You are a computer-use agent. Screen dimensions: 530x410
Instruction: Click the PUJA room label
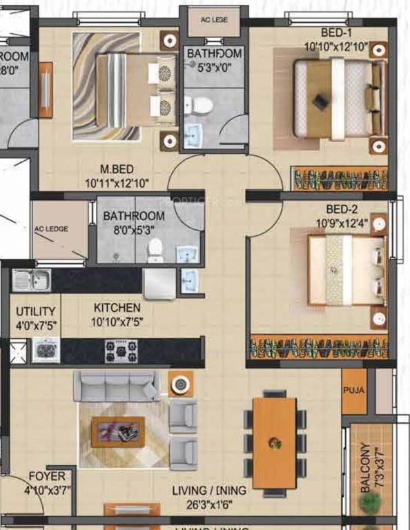354,390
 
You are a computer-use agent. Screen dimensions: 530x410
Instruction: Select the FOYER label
47,476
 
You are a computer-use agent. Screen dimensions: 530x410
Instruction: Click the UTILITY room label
31,311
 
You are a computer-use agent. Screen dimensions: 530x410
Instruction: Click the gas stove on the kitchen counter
120,351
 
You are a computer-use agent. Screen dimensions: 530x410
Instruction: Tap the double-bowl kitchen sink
31,279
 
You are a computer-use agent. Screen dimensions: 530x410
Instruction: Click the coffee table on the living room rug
118,431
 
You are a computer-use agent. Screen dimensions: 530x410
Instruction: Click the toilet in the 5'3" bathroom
201,106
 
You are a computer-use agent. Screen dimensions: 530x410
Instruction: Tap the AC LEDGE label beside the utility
51,229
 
